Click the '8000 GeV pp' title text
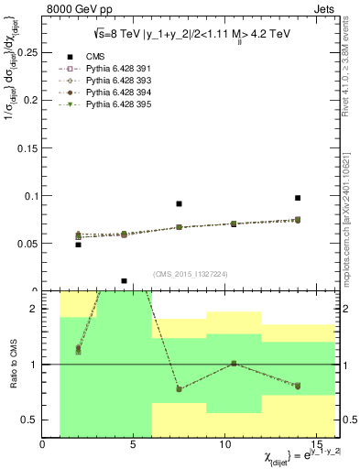[76, 7]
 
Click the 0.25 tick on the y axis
[27, 53]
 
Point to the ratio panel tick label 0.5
[29, 420]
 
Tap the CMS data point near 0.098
[298, 198]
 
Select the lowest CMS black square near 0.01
[124, 281]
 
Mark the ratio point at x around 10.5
[234, 364]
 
